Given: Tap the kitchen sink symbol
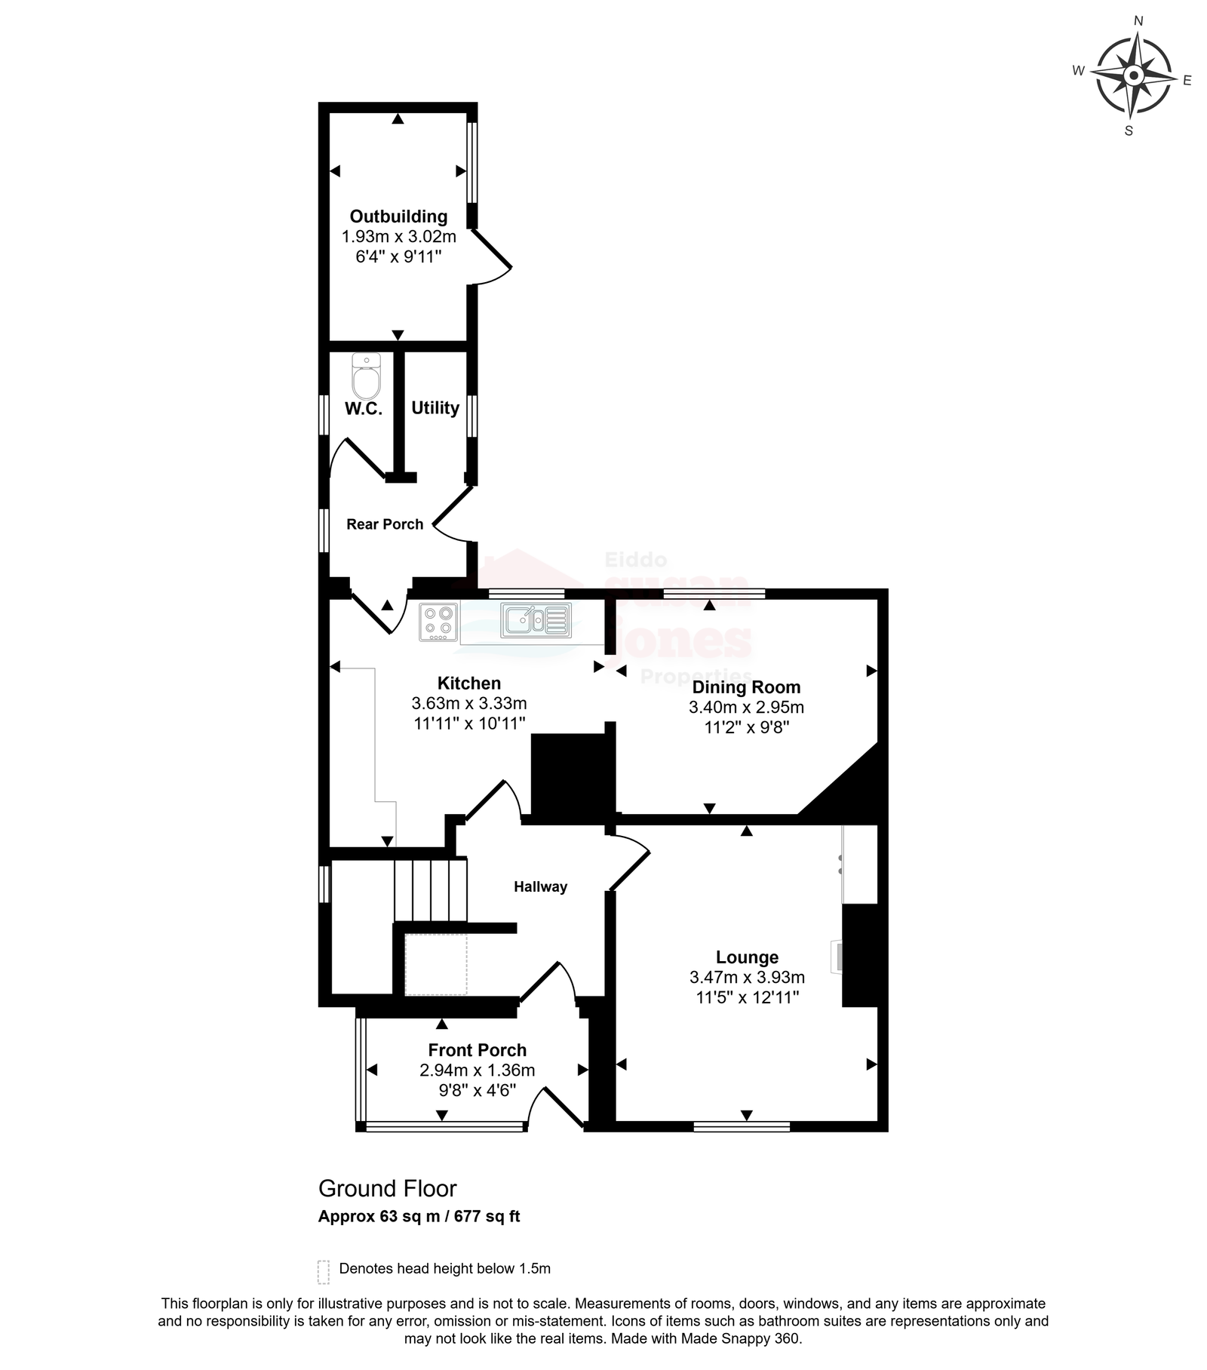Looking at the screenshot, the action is [536, 620].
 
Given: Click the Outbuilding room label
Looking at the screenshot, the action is [398, 217].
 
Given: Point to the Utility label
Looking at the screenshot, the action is [435, 408].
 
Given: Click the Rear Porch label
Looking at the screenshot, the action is [385, 524].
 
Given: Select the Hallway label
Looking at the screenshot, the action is [540, 887].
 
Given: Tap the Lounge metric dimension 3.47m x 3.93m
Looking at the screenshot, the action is [747, 977].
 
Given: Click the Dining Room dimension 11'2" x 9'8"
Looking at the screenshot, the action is [746, 727].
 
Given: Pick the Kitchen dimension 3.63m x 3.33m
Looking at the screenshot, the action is [469, 703].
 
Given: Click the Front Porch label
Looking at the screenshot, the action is [478, 1050].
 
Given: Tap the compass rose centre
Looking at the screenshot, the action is [1133, 75].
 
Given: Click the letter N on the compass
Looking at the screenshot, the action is [1139, 21].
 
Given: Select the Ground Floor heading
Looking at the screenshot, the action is [388, 1188].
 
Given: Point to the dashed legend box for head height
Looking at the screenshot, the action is [324, 1271].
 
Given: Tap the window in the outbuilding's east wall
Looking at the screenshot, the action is [471, 162].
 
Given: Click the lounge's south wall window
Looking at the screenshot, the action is [742, 1126].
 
